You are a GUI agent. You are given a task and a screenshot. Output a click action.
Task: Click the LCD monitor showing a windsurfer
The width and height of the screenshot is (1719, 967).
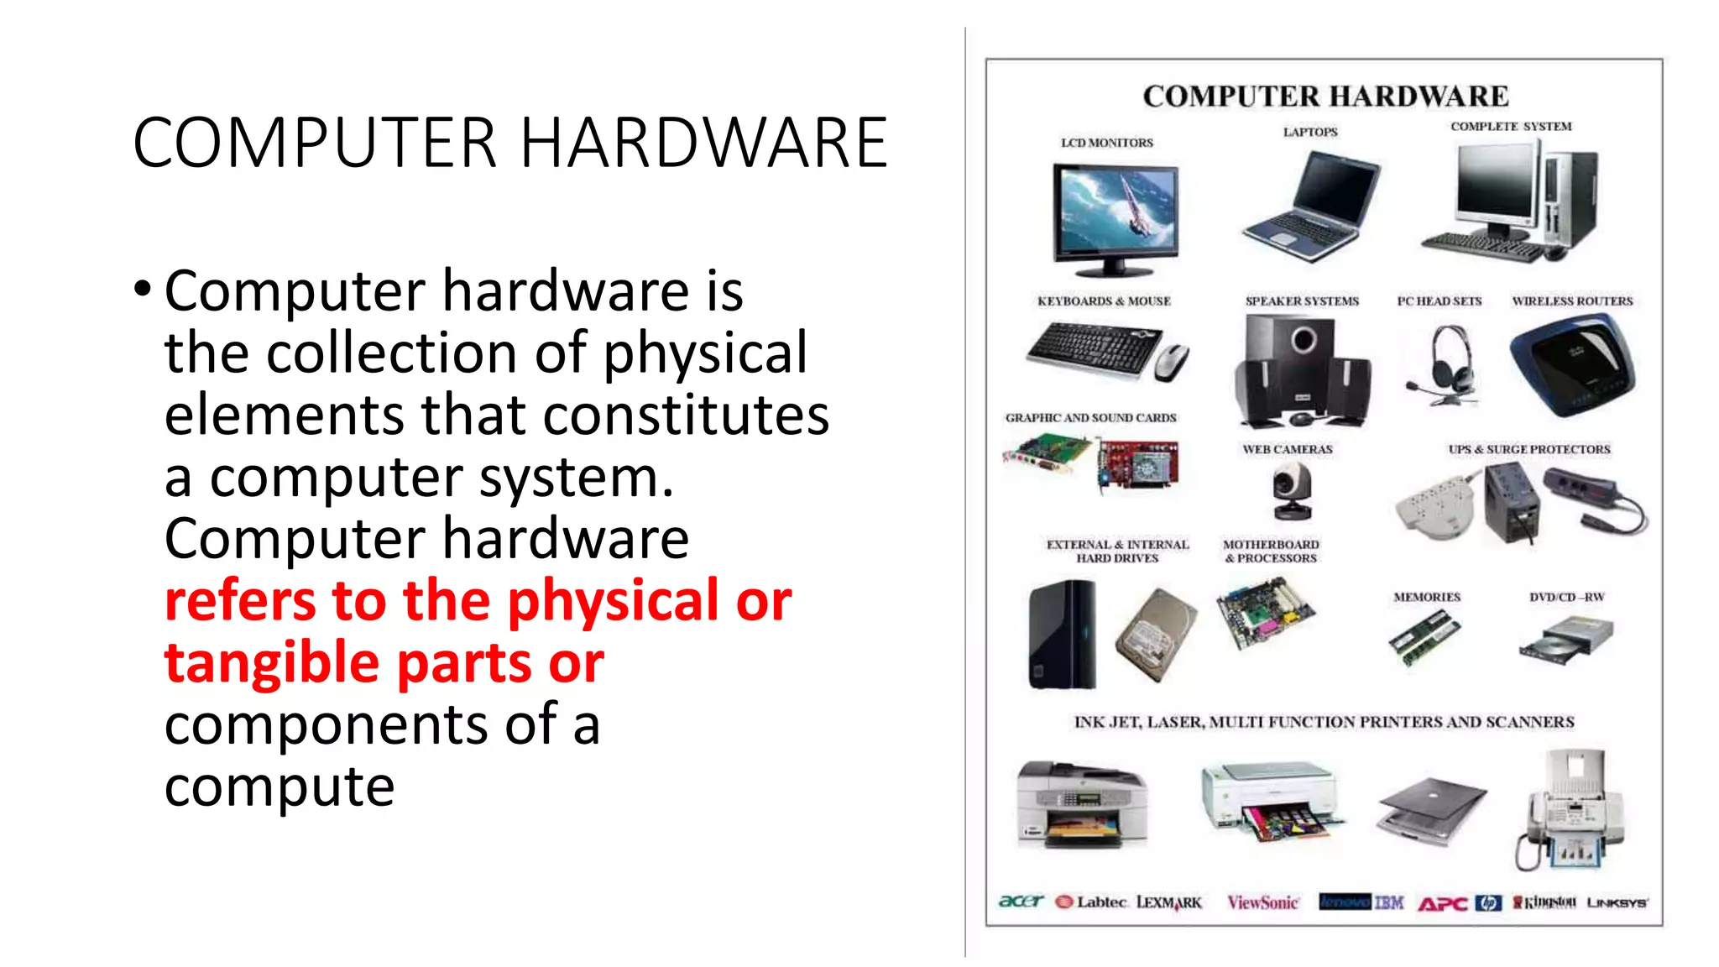1116,214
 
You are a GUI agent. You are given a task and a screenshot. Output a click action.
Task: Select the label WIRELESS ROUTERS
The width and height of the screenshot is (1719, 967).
1572,301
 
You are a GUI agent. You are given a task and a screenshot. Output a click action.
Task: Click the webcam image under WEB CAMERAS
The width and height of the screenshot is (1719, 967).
1292,492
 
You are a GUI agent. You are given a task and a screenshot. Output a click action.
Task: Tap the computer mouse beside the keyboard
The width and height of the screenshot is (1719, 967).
1172,363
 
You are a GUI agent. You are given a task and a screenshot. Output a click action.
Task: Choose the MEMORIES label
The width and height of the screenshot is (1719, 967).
1427,598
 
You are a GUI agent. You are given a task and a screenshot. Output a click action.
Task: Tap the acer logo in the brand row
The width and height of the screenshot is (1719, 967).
1021,902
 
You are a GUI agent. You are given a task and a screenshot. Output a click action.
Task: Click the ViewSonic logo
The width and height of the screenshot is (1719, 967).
1262,903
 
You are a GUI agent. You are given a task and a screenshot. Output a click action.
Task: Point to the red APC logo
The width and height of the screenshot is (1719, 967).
1442,904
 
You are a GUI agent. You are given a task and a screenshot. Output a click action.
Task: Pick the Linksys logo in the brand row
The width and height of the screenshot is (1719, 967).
1617,903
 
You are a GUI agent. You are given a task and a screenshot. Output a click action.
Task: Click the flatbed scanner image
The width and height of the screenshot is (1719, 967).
1432,807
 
